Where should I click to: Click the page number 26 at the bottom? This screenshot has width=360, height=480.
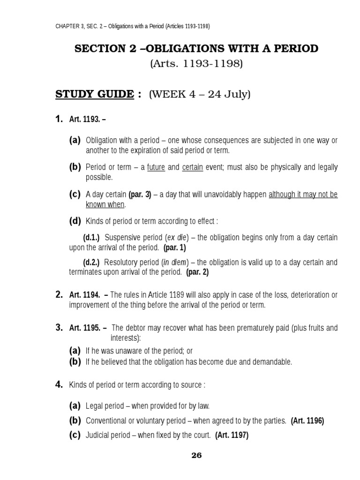click(196, 455)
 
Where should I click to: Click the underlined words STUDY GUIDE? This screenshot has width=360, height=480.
click(95, 94)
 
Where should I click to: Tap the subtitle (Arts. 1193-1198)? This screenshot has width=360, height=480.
click(196, 64)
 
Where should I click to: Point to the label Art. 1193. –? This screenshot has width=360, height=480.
click(87, 120)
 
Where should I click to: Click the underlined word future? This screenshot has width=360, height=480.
click(156, 167)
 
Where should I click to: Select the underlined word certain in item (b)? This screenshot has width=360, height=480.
click(192, 167)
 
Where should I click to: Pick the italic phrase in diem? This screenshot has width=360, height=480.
click(172, 262)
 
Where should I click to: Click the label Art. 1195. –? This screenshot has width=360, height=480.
click(88, 328)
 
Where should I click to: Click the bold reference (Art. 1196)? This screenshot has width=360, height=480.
click(307, 420)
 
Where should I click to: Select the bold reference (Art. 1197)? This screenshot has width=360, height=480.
click(232, 435)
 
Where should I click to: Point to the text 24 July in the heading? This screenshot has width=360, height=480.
click(230, 95)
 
